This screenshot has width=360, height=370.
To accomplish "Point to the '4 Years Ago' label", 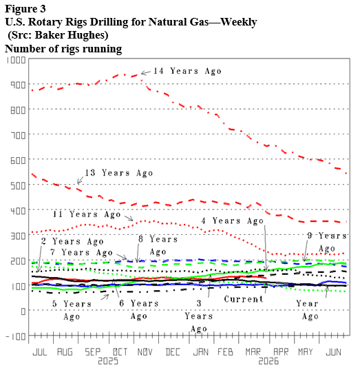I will [233, 221].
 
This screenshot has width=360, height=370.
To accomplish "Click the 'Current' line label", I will [244, 299].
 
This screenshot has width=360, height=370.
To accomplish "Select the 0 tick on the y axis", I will [23, 311].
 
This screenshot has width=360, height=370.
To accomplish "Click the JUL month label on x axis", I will [40, 351].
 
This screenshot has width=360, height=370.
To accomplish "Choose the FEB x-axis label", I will [225, 351].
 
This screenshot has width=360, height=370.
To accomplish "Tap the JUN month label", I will [332, 351].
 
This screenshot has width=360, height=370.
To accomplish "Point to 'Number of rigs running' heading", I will [63, 49].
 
